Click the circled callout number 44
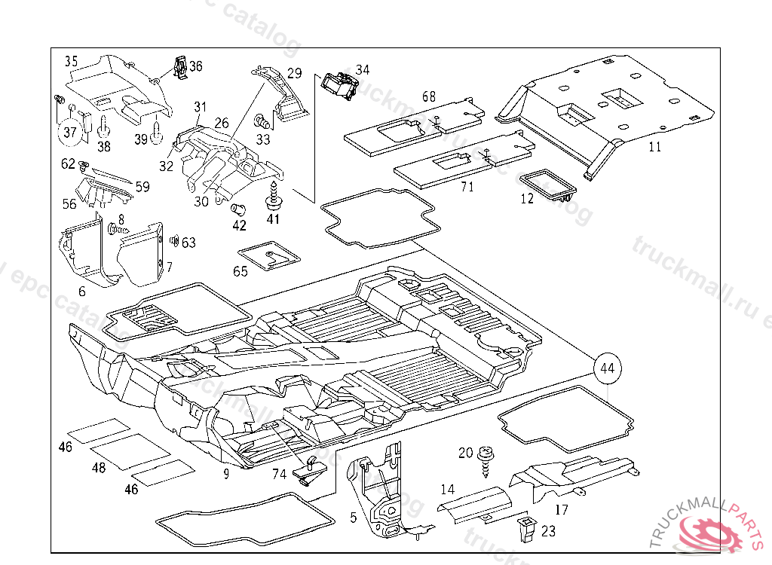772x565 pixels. coord(608,368)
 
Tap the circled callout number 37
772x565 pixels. coord(69,133)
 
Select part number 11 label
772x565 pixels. coord(654,147)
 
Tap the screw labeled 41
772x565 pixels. coord(273,196)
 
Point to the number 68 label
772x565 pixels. coord(429,96)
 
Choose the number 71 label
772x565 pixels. coord(467,186)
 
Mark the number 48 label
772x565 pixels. coord(99,468)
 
